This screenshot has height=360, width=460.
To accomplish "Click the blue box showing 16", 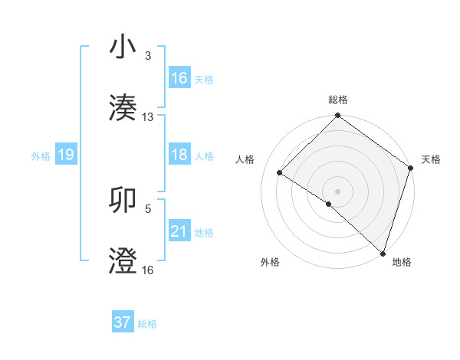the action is tap(179, 78).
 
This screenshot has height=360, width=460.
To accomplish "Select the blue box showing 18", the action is tap(179, 155).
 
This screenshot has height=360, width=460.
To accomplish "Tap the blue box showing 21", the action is tap(179, 231).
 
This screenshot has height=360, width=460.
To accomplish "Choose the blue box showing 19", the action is tap(65, 155).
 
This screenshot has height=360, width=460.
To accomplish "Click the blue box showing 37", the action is tap(123, 322).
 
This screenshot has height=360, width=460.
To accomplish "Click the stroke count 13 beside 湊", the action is tap(148, 117).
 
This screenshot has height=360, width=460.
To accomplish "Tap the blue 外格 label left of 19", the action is tap(40, 155).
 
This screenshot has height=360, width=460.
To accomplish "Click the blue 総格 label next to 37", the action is tap(147, 323).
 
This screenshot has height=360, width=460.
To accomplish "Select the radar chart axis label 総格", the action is tap(337, 100).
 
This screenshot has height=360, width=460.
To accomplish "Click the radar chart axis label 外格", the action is tap(270, 263).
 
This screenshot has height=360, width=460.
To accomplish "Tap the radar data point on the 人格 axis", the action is tap(280, 173).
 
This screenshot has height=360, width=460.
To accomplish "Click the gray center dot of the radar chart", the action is tap(337, 191).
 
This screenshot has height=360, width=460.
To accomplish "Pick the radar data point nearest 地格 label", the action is tap(382, 253).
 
